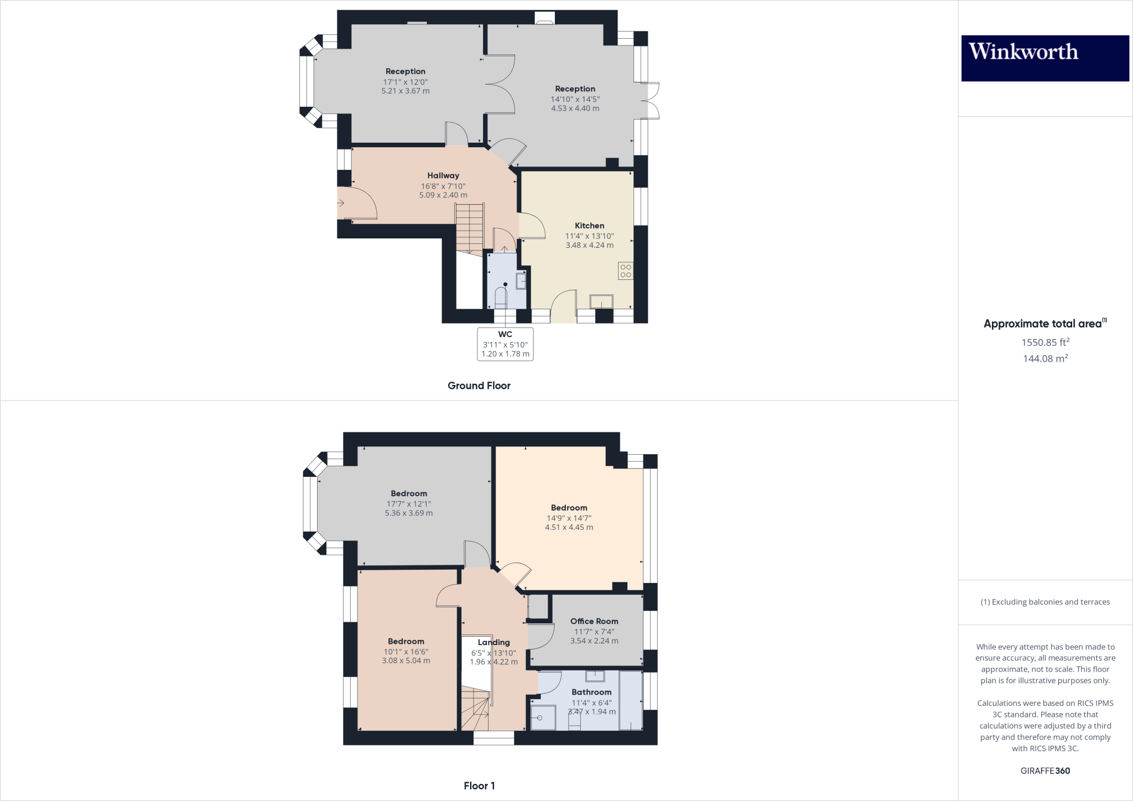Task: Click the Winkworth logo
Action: pyautogui.click(x=1044, y=58)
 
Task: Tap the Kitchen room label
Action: pyautogui.click(x=589, y=226)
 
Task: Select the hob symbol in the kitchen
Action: pyautogui.click(x=626, y=271)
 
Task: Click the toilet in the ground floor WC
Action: pyautogui.click(x=501, y=298)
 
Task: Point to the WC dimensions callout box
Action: pyautogui.click(x=505, y=344)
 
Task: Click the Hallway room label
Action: pyautogui.click(x=443, y=175)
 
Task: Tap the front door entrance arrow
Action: pyautogui.click(x=341, y=203)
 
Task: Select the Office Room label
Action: pyautogui.click(x=594, y=621)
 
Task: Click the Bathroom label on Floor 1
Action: pyautogui.click(x=591, y=692)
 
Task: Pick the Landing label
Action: pyautogui.click(x=493, y=642)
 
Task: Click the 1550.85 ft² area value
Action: pyautogui.click(x=1045, y=342)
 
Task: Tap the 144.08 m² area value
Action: pyautogui.click(x=1045, y=358)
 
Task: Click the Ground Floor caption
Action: pyautogui.click(x=479, y=386)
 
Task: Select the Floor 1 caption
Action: pyautogui.click(x=479, y=786)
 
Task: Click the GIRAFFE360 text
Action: pyautogui.click(x=1045, y=771)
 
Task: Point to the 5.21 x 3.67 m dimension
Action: pyautogui.click(x=406, y=91)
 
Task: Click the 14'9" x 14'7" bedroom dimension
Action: pyautogui.click(x=569, y=518)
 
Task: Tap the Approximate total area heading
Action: pyautogui.click(x=1044, y=324)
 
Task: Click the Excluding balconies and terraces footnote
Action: pyautogui.click(x=1045, y=602)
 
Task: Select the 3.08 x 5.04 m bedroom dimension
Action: pyautogui.click(x=406, y=660)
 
